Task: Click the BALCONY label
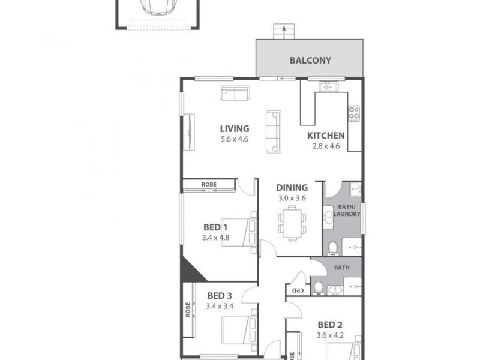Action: pyautogui.click(x=310, y=61)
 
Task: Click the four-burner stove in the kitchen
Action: pyautogui.click(x=354, y=112)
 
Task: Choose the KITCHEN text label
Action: pyautogui.click(x=326, y=136)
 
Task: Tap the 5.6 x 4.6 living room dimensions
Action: pyautogui.click(x=234, y=139)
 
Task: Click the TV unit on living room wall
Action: pyautogui.click(x=190, y=132)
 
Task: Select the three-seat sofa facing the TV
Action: pyautogui.click(x=273, y=131)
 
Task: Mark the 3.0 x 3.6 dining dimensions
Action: pyautogui.click(x=292, y=198)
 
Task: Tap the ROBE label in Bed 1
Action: pyautogui.click(x=209, y=184)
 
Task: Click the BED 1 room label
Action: pyautogui.click(x=215, y=227)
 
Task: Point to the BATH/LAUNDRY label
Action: pyautogui.click(x=347, y=211)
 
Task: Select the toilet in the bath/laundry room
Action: pyautogui.click(x=333, y=247)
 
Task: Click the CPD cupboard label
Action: pyautogui.click(x=296, y=290)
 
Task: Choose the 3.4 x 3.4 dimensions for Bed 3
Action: pyautogui.click(x=219, y=306)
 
